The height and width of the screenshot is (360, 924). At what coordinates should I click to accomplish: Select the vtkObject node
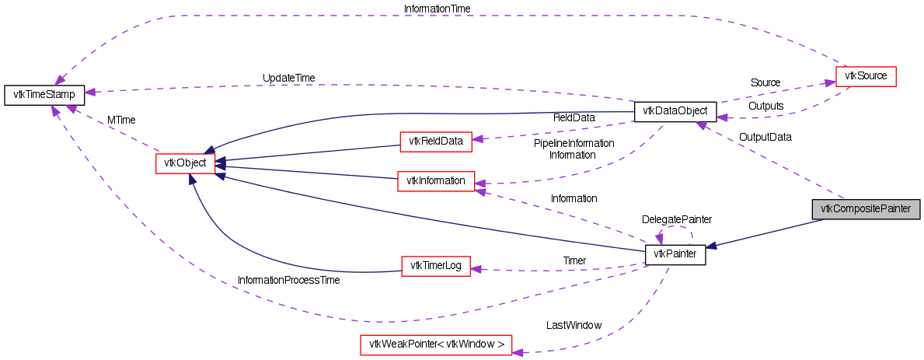click(185, 163)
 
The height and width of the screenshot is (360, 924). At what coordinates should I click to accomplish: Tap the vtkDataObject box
click(670, 111)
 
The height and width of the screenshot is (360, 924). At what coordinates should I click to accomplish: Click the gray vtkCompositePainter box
click(866, 209)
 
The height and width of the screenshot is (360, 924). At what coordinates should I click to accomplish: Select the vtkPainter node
click(675, 254)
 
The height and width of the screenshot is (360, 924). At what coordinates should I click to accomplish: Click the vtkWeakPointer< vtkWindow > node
click(436, 344)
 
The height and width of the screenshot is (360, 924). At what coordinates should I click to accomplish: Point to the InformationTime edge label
click(437, 9)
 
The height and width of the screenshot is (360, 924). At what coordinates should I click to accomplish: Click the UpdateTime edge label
click(288, 78)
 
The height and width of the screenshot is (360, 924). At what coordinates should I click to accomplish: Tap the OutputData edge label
click(765, 137)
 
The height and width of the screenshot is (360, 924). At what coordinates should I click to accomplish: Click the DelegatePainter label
click(676, 219)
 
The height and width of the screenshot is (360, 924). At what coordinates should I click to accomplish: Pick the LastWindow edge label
click(574, 325)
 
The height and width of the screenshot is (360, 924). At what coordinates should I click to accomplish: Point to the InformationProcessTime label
click(288, 279)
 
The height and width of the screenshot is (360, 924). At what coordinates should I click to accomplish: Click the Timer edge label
click(574, 260)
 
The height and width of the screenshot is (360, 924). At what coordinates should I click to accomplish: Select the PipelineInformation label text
click(574, 143)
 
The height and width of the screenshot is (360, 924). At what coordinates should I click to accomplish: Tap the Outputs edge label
click(765, 106)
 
